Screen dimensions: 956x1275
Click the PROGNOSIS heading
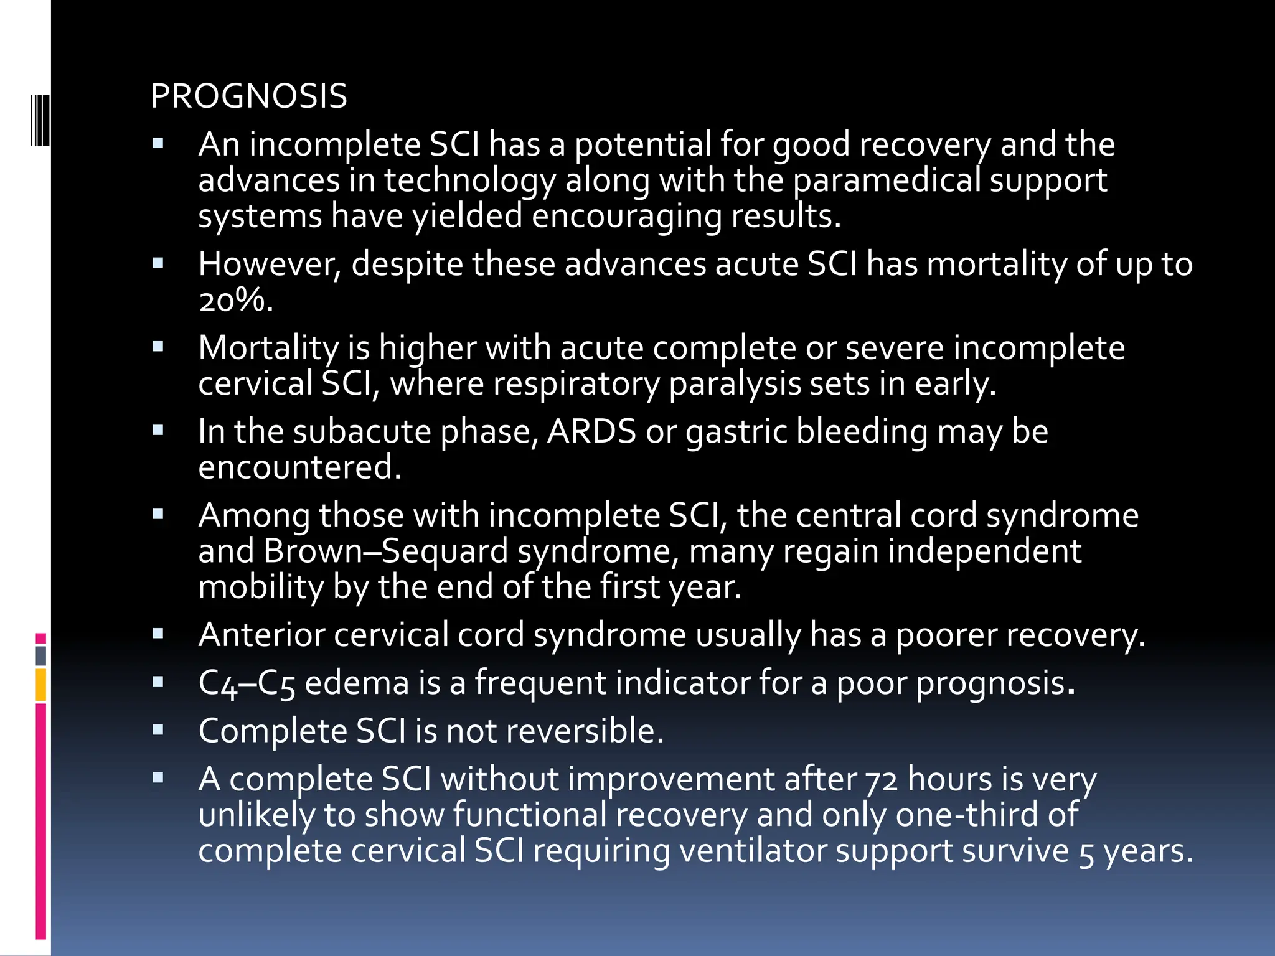pyautogui.click(x=248, y=96)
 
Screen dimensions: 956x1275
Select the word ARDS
pyautogui.click(x=591, y=431)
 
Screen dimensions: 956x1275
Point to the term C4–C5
pyautogui.click(x=247, y=683)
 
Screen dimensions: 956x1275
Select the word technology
pyautogui.click(x=469, y=180)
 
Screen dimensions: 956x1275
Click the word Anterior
pyautogui.click(x=261, y=635)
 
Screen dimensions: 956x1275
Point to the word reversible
pyautogui.click(x=585, y=731)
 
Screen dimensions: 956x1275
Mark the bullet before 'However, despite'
pyautogui.click(x=158, y=263)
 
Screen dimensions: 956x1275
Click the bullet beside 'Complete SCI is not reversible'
pyautogui.click(x=158, y=729)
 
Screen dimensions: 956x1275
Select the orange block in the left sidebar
pyautogui.click(x=40, y=685)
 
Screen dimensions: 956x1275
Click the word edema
pyautogui.click(x=357, y=683)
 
